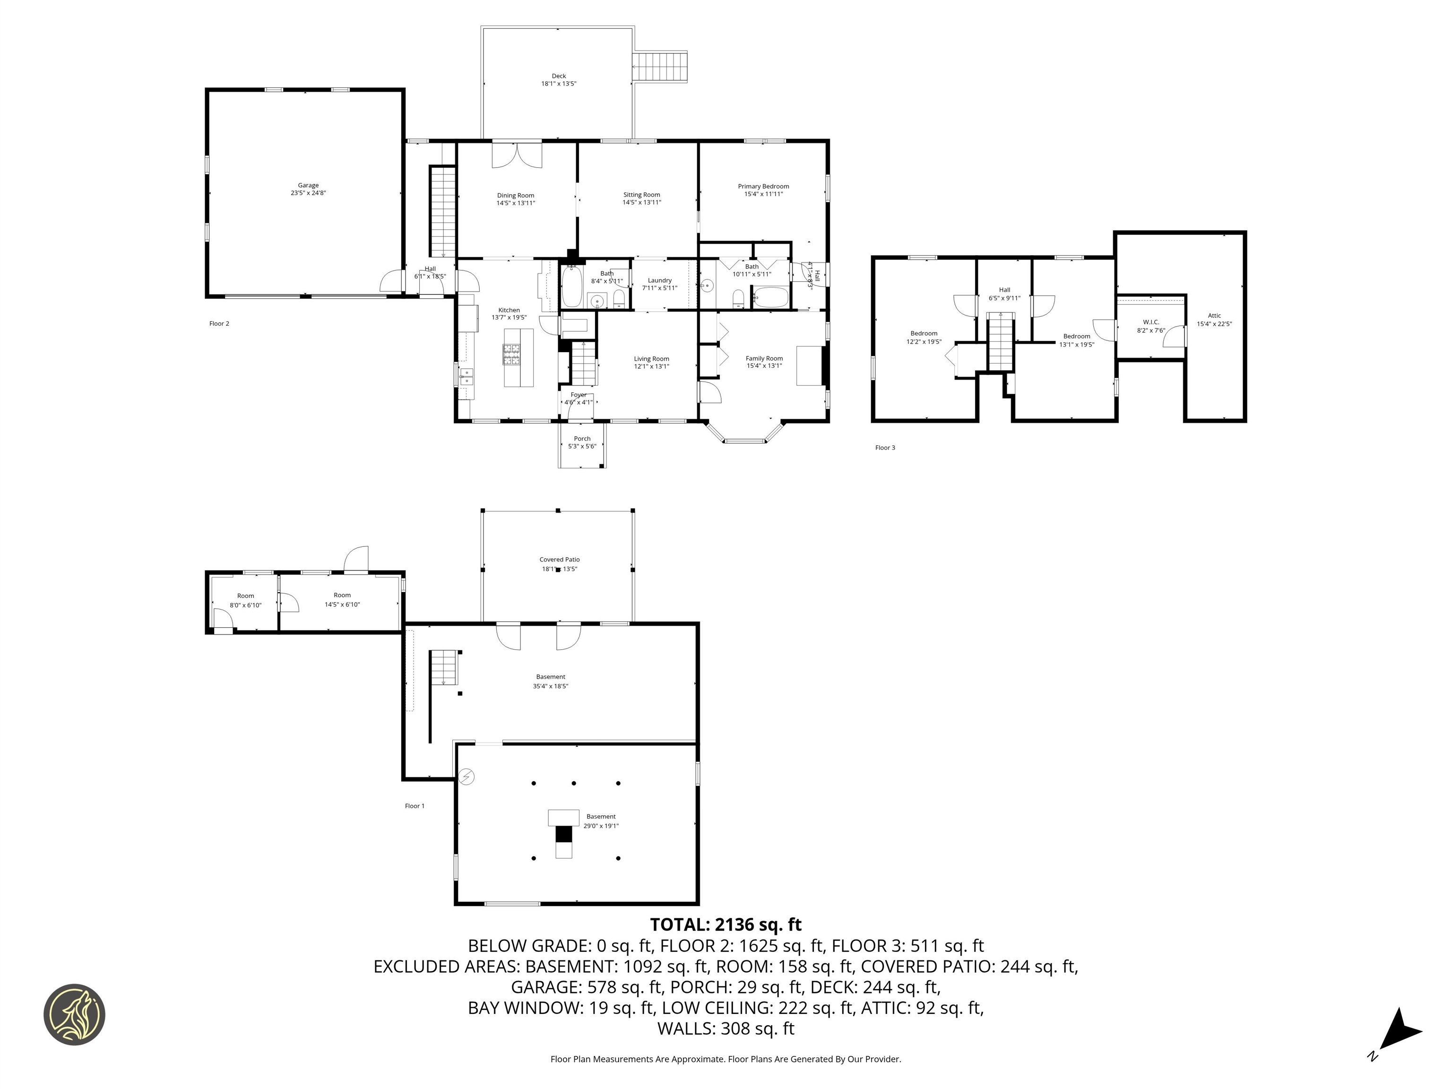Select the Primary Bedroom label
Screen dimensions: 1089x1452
[763, 186]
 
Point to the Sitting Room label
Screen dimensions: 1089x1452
[641, 195]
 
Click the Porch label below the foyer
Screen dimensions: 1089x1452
[581, 439]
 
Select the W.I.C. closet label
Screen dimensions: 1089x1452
[1151, 322]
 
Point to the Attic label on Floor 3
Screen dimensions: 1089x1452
[1214, 316]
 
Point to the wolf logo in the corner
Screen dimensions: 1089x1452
[74, 1014]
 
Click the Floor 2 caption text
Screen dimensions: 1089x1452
[219, 324]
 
